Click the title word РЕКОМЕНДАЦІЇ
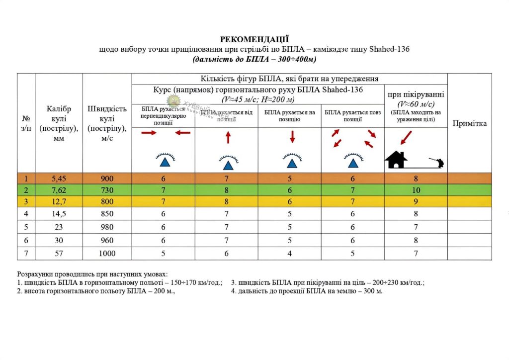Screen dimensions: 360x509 [x=254, y=39]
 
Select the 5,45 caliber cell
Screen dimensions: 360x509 [x=59, y=179]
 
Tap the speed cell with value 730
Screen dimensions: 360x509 [x=107, y=190]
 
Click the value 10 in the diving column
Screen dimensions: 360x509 [x=416, y=190]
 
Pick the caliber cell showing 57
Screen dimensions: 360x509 [x=59, y=254]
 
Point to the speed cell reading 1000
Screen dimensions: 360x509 [x=107, y=254]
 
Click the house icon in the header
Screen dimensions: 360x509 [x=396, y=160]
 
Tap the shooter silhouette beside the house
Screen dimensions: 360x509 [x=439, y=162]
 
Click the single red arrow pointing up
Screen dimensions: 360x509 [x=228, y=137]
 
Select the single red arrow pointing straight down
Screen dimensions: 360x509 [x=292, y=136]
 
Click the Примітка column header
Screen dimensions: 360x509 [x=469, y=123]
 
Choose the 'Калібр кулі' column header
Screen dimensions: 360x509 [x=59, y=123]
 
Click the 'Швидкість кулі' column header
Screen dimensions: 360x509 [x=107, y=123]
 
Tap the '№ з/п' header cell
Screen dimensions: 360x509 [x=26, y=123]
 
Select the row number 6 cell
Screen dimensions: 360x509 [x=26, y=241]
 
